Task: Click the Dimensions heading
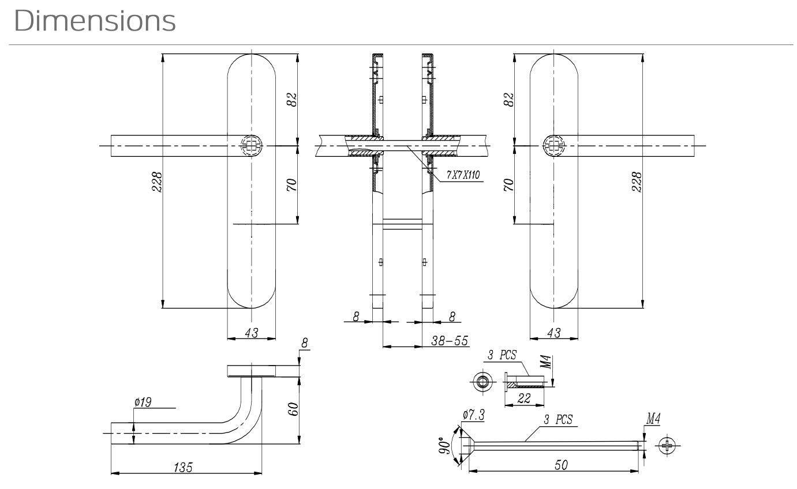click(95, 21)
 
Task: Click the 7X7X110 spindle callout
click(463, 175)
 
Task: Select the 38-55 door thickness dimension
click(450, 341)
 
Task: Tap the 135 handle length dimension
click(184, 467)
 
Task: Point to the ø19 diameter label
click(143, 402)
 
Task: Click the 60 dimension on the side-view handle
click(293, 410)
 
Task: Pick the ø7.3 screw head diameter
click(473, 414)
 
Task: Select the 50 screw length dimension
click(560, 465)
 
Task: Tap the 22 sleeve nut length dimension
click(524, 398)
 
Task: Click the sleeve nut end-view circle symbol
click(482, 380)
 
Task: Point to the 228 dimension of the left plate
click(156, 182)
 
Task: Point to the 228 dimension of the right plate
click(637, 182)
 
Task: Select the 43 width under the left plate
click(252, 333)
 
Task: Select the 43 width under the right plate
click(553, 333)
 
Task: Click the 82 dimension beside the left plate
click(293, 99)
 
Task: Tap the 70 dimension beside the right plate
click(509, 185)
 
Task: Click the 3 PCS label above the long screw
click(558, 419)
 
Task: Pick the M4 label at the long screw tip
click(652, 419)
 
